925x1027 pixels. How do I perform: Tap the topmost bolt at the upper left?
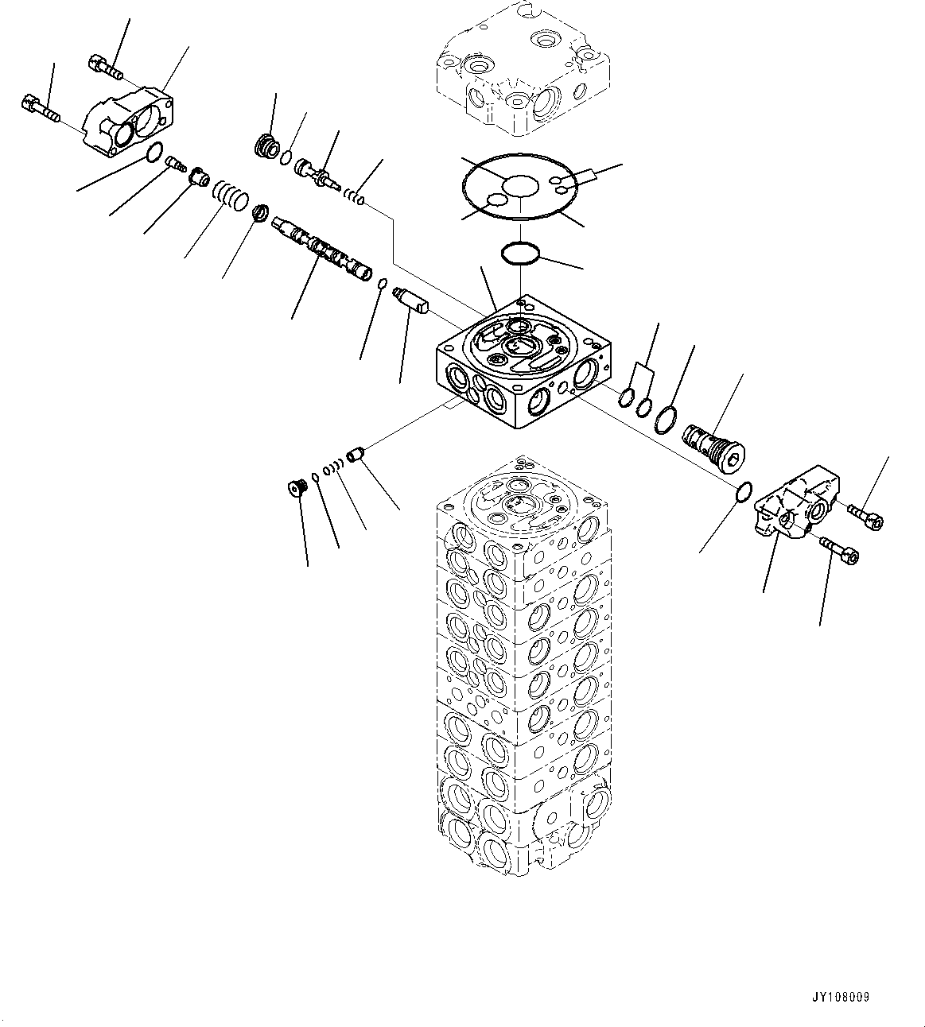106,67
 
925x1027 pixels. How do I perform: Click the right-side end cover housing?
795,504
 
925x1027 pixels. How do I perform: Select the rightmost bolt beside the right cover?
865,515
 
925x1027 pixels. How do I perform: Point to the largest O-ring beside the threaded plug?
667,420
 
